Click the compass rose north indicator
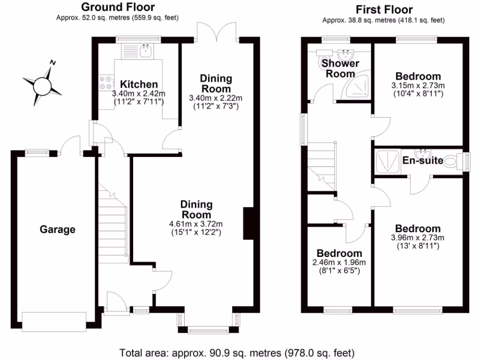click(x=53, y=63)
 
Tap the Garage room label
click(x=57, y=230)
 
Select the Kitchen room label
click(x=139, y=84)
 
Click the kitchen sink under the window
click(x=146, y=50)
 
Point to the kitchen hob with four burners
click(x=105, y=82)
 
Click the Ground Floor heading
click(x=118, y=7)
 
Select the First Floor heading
click(x=383, y=9)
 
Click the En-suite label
click(x=423, y=161)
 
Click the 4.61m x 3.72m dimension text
click(x=197, y=223)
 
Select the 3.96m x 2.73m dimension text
click(x=418, y=238)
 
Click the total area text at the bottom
click(x=237, y=352)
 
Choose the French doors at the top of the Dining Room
click(x=217, y=32)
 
